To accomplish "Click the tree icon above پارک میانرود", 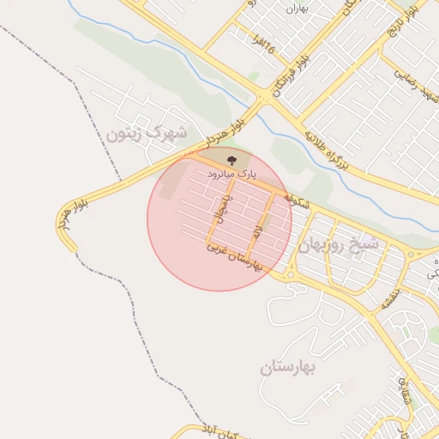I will (x=231, y=159).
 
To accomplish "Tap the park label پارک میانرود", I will (x=231, y=174).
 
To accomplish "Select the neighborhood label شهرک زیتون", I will (x=146, y=133).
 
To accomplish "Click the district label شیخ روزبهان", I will (x=339, y=244).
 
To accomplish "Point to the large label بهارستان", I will (x=289, y=368).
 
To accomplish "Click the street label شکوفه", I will (x=295, y=195).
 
